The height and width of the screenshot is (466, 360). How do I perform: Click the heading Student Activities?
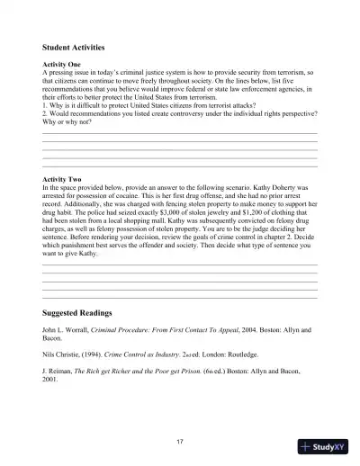pyautogui.click(x=74, y=47)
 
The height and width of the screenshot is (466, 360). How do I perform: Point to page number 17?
pyautogui.click(x=180, y=441)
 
